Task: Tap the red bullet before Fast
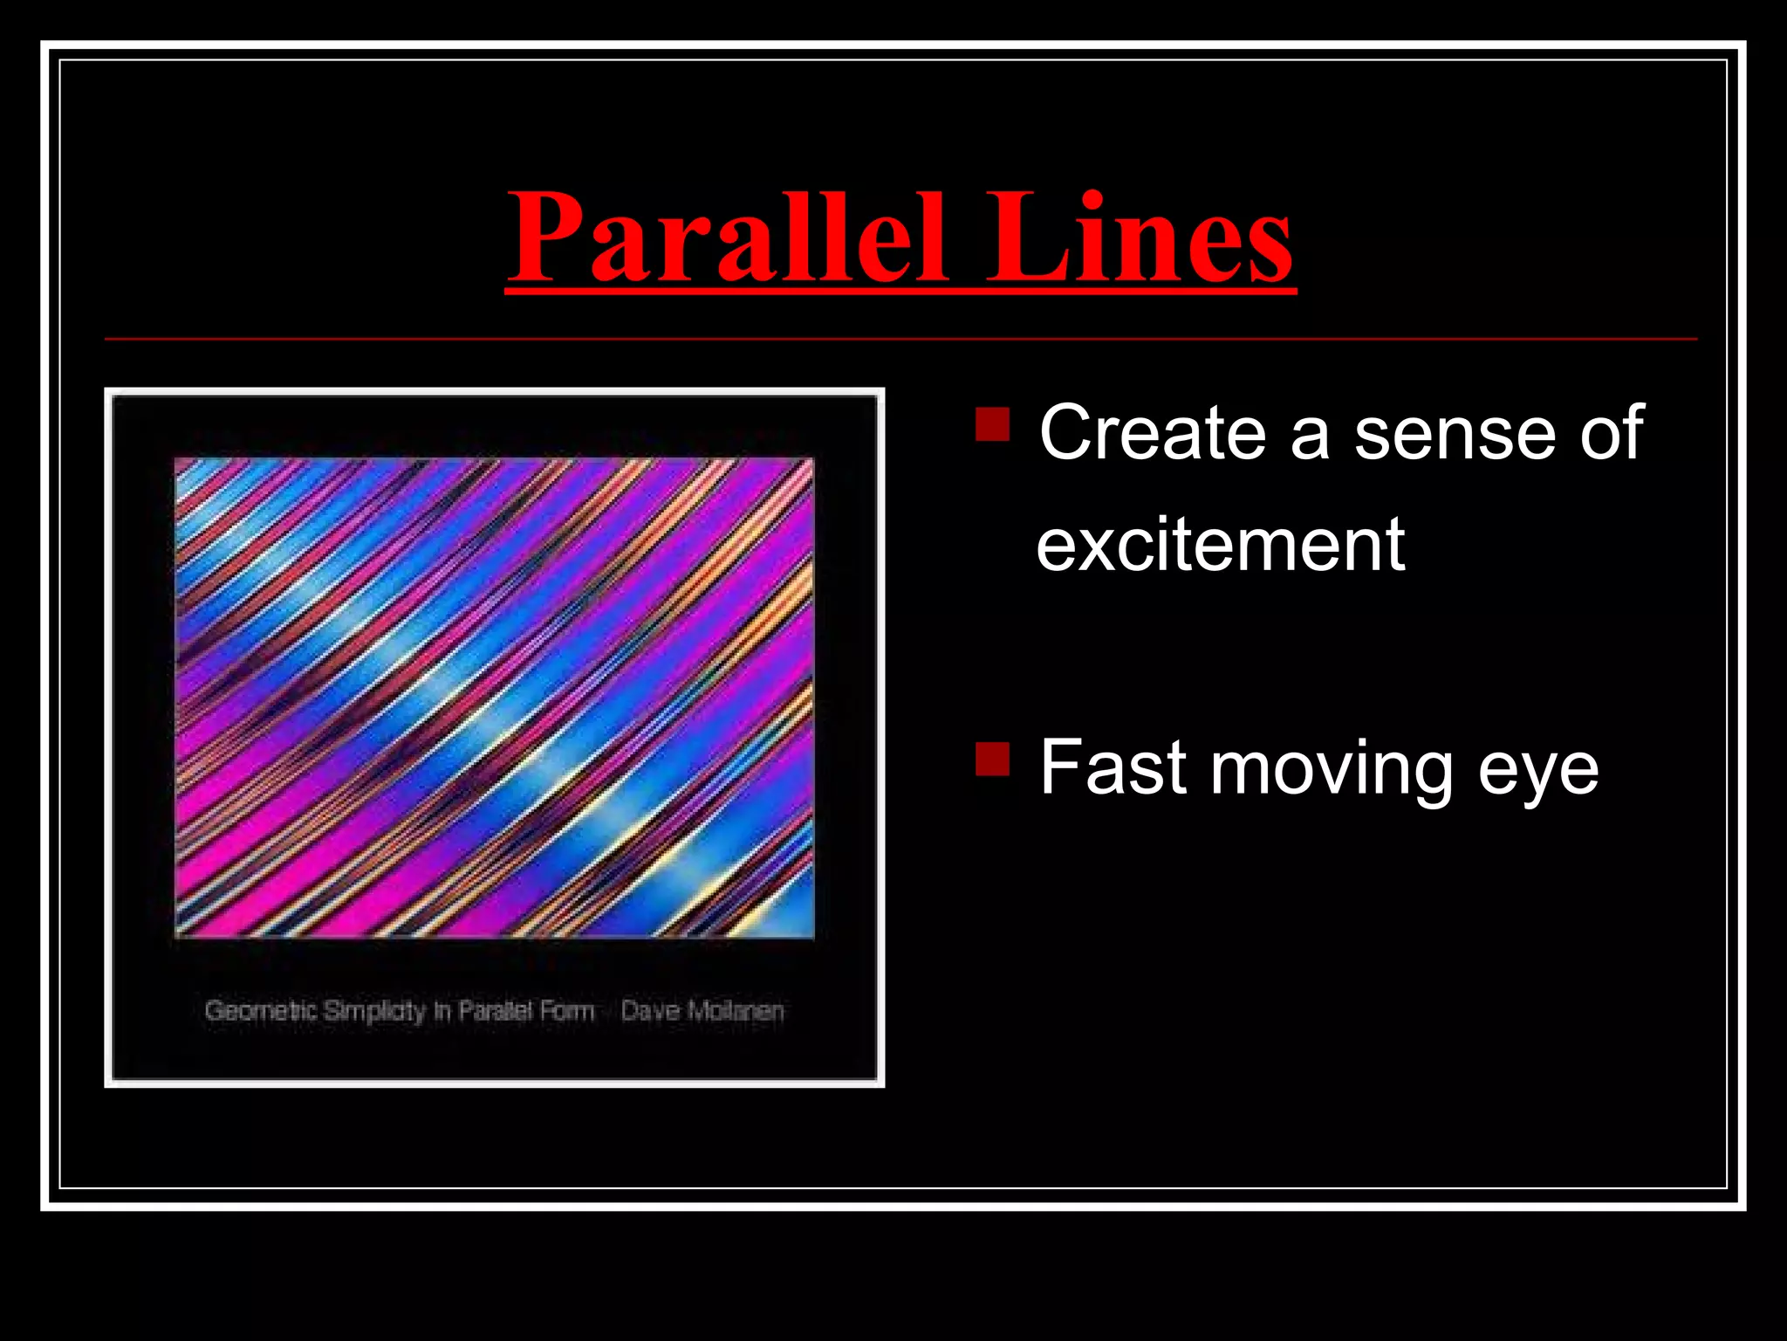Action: click(x=992, y=759)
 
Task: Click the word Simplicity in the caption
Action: click(x=375, y=1011)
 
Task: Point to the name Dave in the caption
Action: click(x=650, y=1011)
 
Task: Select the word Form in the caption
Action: click(x=567, y=1011)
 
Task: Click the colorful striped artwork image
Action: click(x=494, y=697)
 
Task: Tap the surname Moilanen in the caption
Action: click(x=736, y=1011)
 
